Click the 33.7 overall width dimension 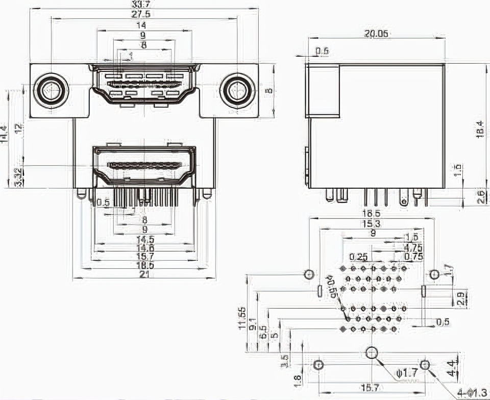[x=144, y=4]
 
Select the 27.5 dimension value [x=144, y=14]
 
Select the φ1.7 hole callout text [x=407, y=373]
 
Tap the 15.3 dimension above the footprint [x=371, y=224]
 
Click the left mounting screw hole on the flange [x=50, y=91]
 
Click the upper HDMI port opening [x=144, y=86]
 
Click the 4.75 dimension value [x=413, y=248]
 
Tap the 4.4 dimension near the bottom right [x=451, y=366]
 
